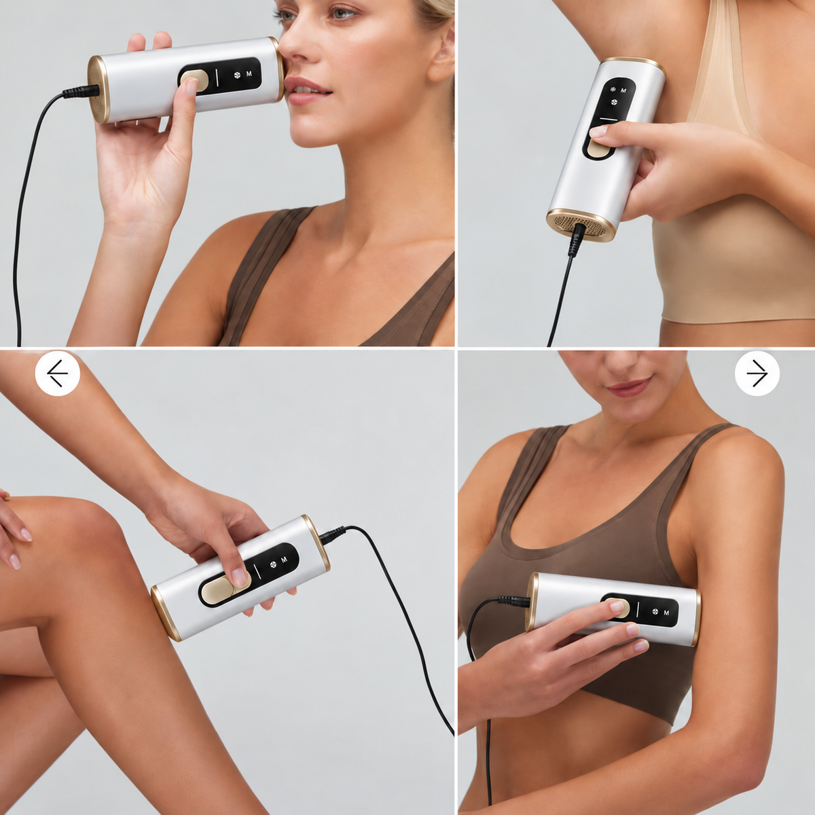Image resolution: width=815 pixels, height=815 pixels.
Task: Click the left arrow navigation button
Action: pos(58,374)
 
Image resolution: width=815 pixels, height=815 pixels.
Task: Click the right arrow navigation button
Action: pos(757,374)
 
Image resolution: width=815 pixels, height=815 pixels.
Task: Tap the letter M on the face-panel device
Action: pos(249,73)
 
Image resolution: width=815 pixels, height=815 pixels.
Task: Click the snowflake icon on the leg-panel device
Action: pos(273,563)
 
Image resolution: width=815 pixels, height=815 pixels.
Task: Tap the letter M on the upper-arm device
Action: pos(666,613)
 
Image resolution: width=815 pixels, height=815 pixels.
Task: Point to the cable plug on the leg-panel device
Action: pos(332,534)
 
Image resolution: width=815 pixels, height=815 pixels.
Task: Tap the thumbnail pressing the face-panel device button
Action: pos(192,87)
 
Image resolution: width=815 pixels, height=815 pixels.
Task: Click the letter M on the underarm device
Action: pos(623,90)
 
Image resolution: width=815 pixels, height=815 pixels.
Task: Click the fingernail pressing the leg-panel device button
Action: pos(240,577)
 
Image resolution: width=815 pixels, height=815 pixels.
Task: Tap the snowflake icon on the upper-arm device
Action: pos(655,611)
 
